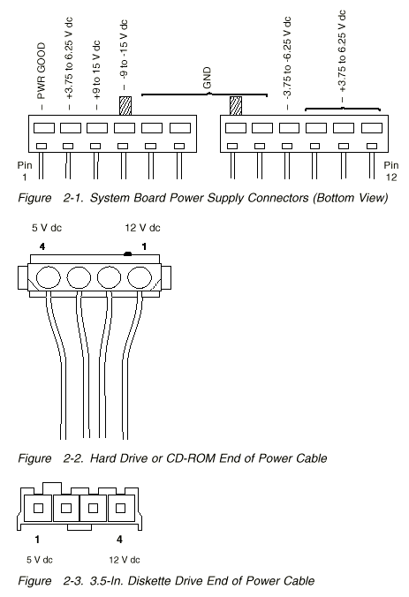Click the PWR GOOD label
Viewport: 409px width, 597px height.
point(42,71)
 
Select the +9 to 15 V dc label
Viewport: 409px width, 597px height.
point(96,70)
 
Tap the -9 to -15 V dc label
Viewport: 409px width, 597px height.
point(124,49)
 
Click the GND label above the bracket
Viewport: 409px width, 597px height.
point(208,78)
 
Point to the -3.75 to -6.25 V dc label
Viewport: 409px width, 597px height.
point(287,57)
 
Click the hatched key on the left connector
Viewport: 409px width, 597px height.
point(125,105)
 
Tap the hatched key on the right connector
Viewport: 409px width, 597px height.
point(236,105)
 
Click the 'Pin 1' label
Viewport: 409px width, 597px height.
point(25,171)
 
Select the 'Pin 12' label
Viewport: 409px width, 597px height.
point(391,171)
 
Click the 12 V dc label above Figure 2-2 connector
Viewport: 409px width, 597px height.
point(142,228)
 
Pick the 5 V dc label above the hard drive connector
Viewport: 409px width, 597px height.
point(47,228)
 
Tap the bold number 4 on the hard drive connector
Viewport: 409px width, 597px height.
point(42,246)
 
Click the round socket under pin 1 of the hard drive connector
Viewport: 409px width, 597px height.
point(140,277)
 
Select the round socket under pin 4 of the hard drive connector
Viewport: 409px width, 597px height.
point(49,277)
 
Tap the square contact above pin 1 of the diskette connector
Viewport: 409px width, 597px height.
point(38,508)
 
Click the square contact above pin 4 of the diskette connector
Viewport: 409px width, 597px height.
point(120,508)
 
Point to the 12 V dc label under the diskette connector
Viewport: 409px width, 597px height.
point(125,560)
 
